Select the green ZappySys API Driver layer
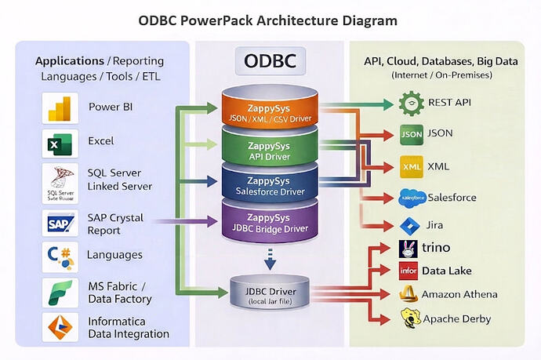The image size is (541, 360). pyautogui.click(x=270, y=148)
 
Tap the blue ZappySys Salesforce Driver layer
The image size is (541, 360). pyautogui.click(x=270, y=184)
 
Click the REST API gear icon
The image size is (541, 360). pyautogui.click(x=412, y=103)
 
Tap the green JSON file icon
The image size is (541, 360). pyautogui.click(x=412, y=134)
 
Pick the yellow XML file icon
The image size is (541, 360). pyautogui.click(x=412, y=166)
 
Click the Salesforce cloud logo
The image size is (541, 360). pyautogui.click(x=412, y=198)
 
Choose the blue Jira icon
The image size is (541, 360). pyautogui.click(x=410, y=226)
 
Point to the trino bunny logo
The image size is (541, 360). pyautogui.click(x=408, y=249)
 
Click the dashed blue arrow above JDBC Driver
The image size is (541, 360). pyautogui.click(x=270, y=256)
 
